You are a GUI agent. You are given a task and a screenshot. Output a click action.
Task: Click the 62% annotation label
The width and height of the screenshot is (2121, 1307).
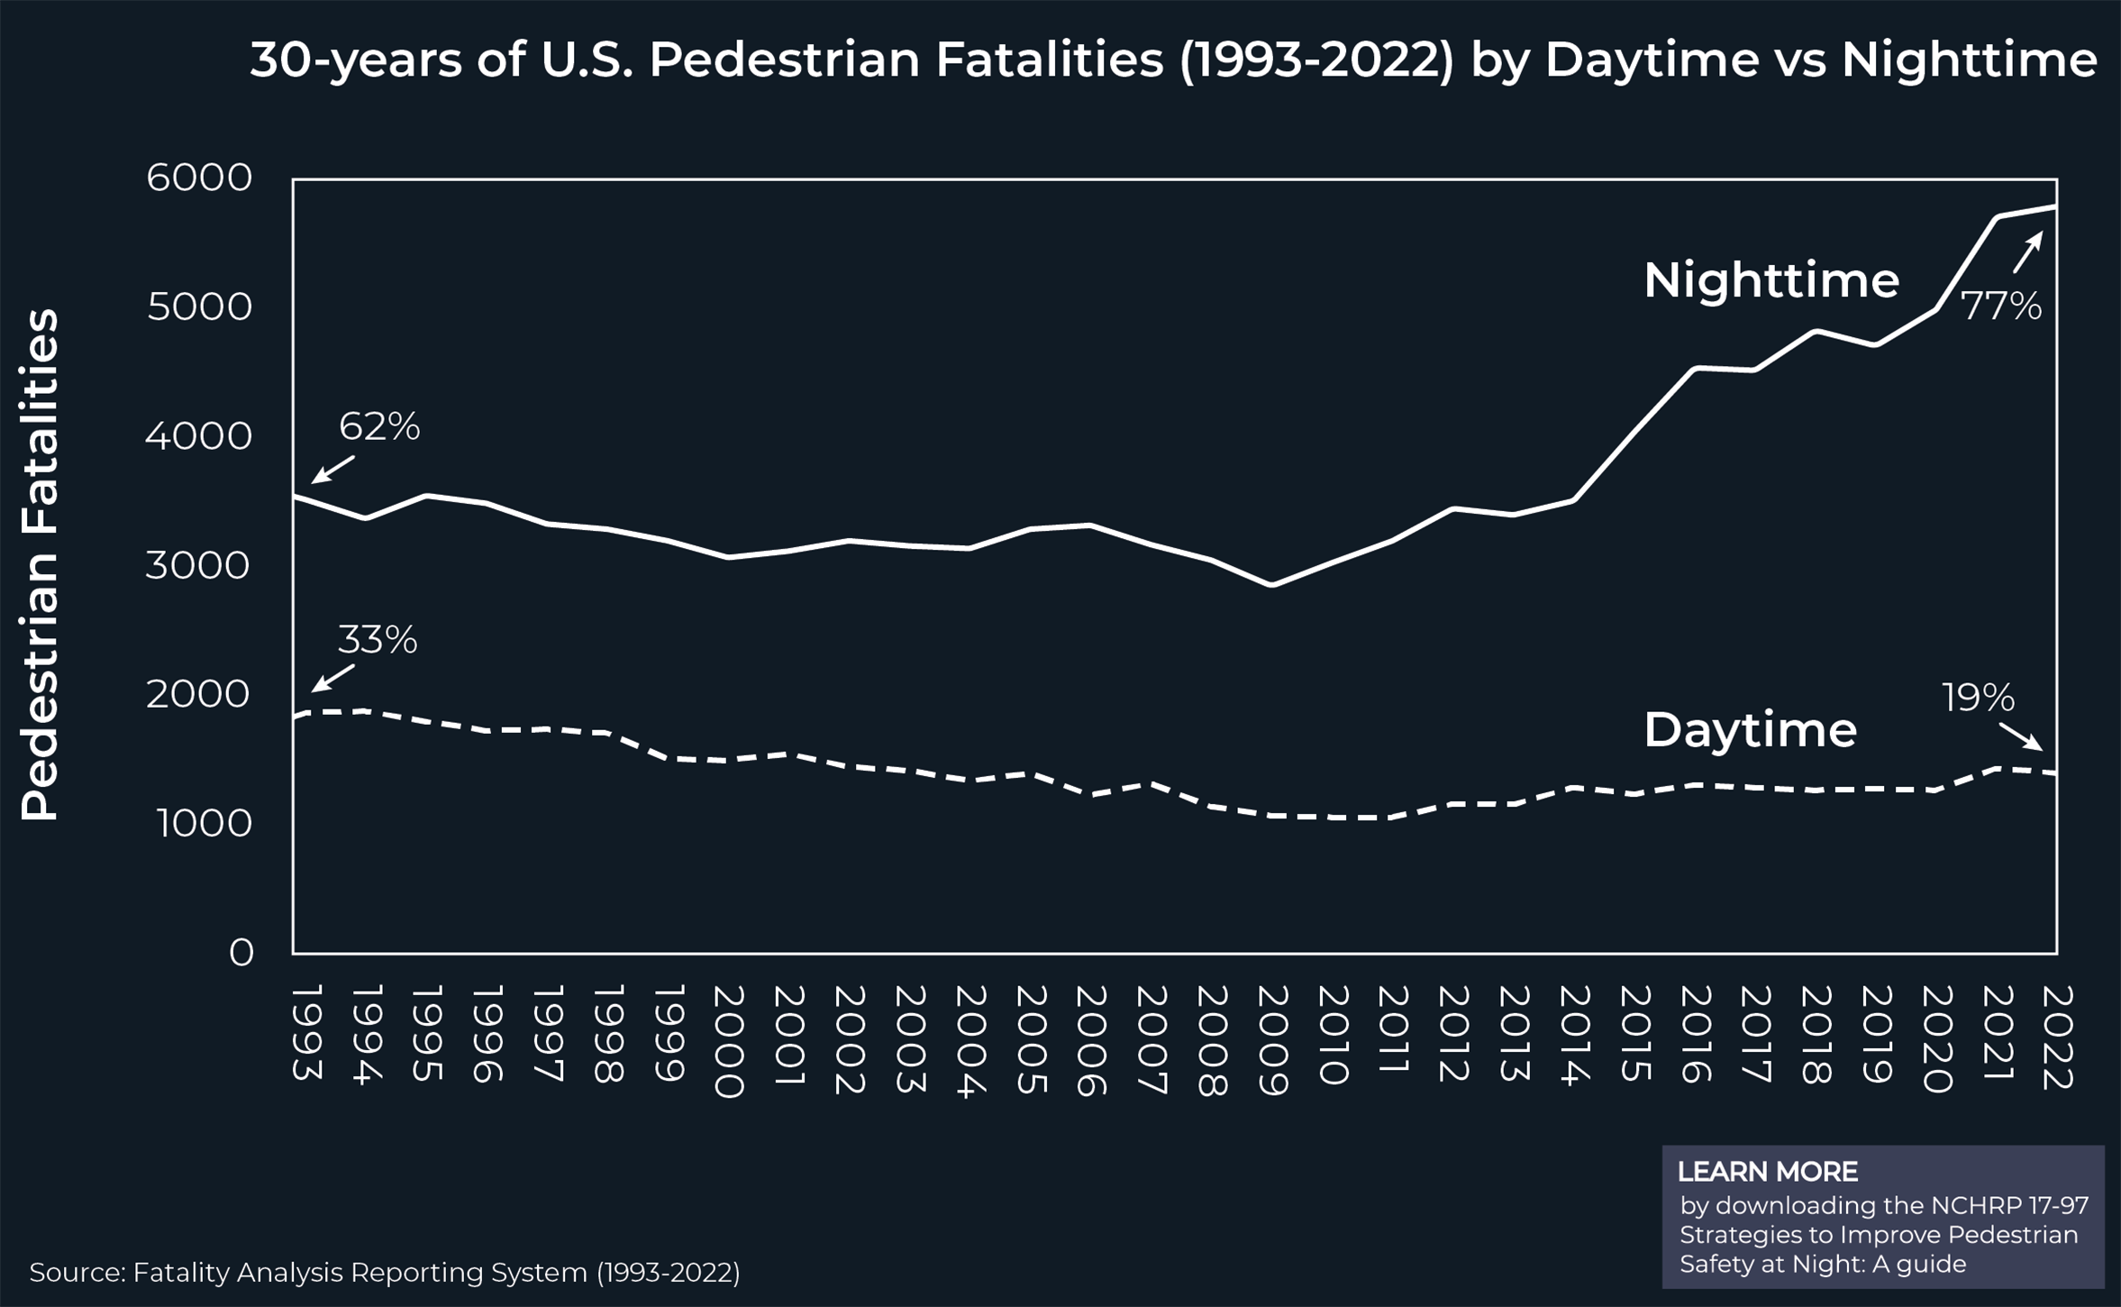click(x=379, y=427)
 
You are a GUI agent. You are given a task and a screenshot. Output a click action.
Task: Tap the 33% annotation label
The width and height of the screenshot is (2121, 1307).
click(x=378, y=641)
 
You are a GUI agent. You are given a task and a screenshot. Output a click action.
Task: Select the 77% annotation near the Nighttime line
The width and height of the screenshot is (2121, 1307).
click(x=2001, y=306)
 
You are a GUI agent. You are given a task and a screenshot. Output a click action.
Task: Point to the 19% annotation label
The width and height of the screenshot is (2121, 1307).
click(x=1978, y=699)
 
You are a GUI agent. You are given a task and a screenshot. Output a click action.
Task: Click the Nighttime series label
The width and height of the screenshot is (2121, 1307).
click(x=1771, y=280)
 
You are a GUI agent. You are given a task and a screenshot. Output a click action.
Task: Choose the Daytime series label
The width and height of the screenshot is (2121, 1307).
click(x=1750, y=730)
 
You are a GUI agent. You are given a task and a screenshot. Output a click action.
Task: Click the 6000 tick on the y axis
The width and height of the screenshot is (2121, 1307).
click(x=199, y=178)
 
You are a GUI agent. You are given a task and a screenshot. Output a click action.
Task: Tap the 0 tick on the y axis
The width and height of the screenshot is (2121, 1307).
click(x=241, y=953)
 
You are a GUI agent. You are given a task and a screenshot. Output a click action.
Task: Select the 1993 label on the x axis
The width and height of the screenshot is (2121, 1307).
click(x=307, y=1033)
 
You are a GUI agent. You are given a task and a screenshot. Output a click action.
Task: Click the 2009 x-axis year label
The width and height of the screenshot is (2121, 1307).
click(x=1271, y=1040)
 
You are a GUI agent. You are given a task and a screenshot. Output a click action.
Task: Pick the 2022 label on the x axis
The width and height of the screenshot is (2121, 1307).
click(x=2057, y=1037)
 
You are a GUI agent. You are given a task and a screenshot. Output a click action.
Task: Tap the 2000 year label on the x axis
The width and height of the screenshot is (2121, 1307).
click(x=728, y=1041)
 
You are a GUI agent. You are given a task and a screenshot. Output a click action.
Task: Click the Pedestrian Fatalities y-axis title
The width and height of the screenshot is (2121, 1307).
click(x=41, y=565)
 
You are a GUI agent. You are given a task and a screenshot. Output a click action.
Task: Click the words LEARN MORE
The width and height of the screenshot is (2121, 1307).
click(x=1767, y=1172)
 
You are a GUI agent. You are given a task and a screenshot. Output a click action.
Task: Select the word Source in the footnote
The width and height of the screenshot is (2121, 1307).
click(x=77, y=1273)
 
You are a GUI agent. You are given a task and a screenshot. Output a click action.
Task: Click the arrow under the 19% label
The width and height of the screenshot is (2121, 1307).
click(x=2020, y=736)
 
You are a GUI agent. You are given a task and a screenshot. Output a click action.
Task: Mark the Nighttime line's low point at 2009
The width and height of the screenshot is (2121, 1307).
click(x=1271, y=585)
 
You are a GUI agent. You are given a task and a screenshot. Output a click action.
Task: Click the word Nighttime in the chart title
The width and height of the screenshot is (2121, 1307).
click(x=1970, y=60)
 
